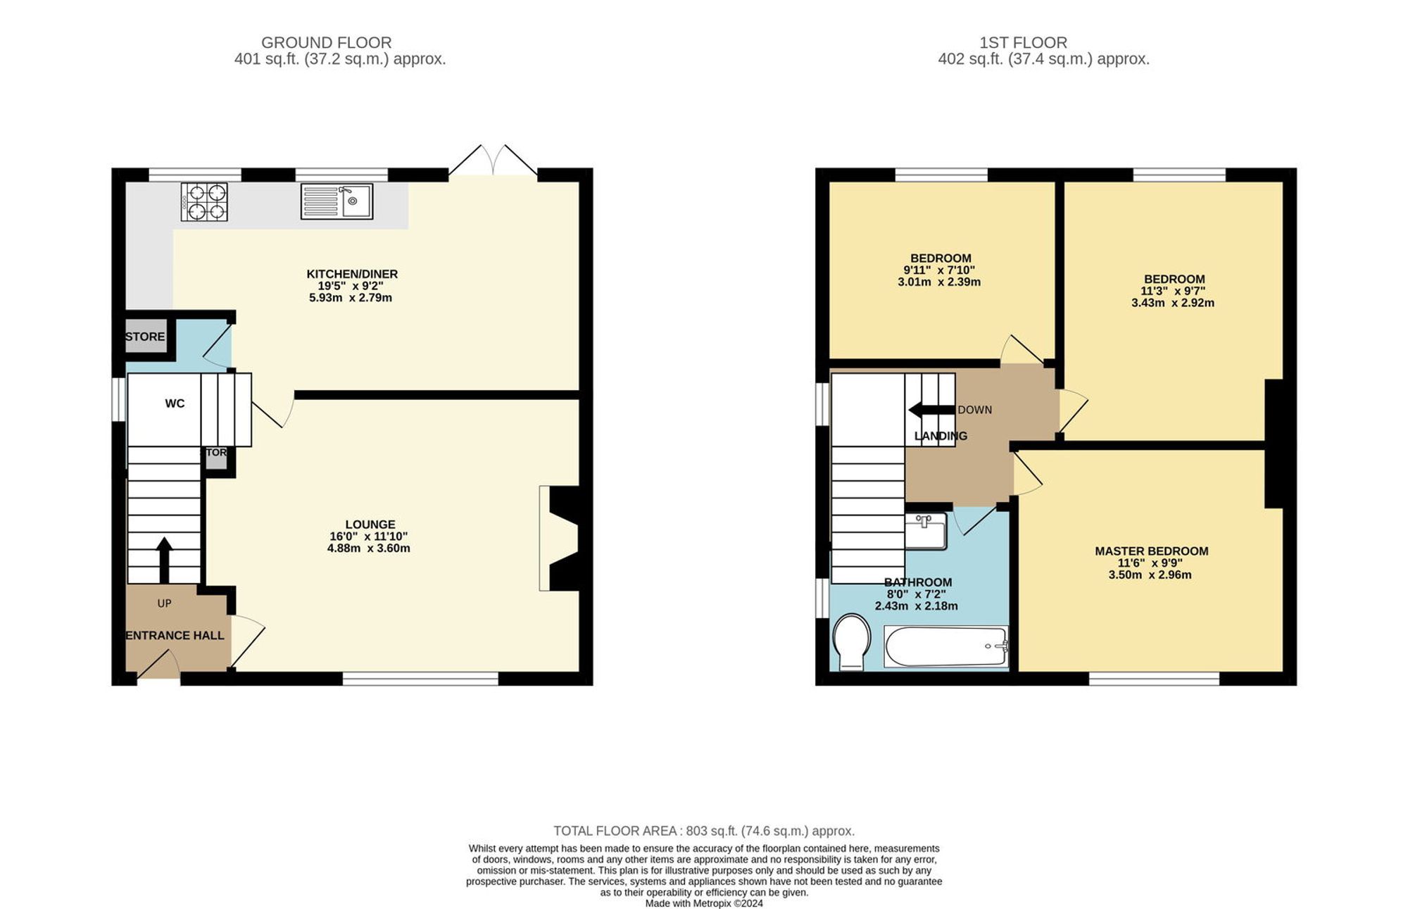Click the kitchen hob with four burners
coord(204,201)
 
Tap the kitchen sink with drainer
coord(337,201)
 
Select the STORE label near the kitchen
coord(145,337)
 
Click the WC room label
coord(175,403)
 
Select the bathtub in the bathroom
coord(946,646)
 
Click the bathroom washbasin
coord(925,532)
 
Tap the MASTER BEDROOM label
coord(1151,551)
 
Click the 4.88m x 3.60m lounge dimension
coord(368,548)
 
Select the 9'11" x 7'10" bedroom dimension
coord(939,270)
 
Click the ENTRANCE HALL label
coord(175,635)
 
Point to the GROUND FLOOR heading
coord(326,43)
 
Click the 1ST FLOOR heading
coord(1023,43)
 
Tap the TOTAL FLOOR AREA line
coord(703,831)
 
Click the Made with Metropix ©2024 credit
coord(703,903)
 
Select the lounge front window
coord(420,679)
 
